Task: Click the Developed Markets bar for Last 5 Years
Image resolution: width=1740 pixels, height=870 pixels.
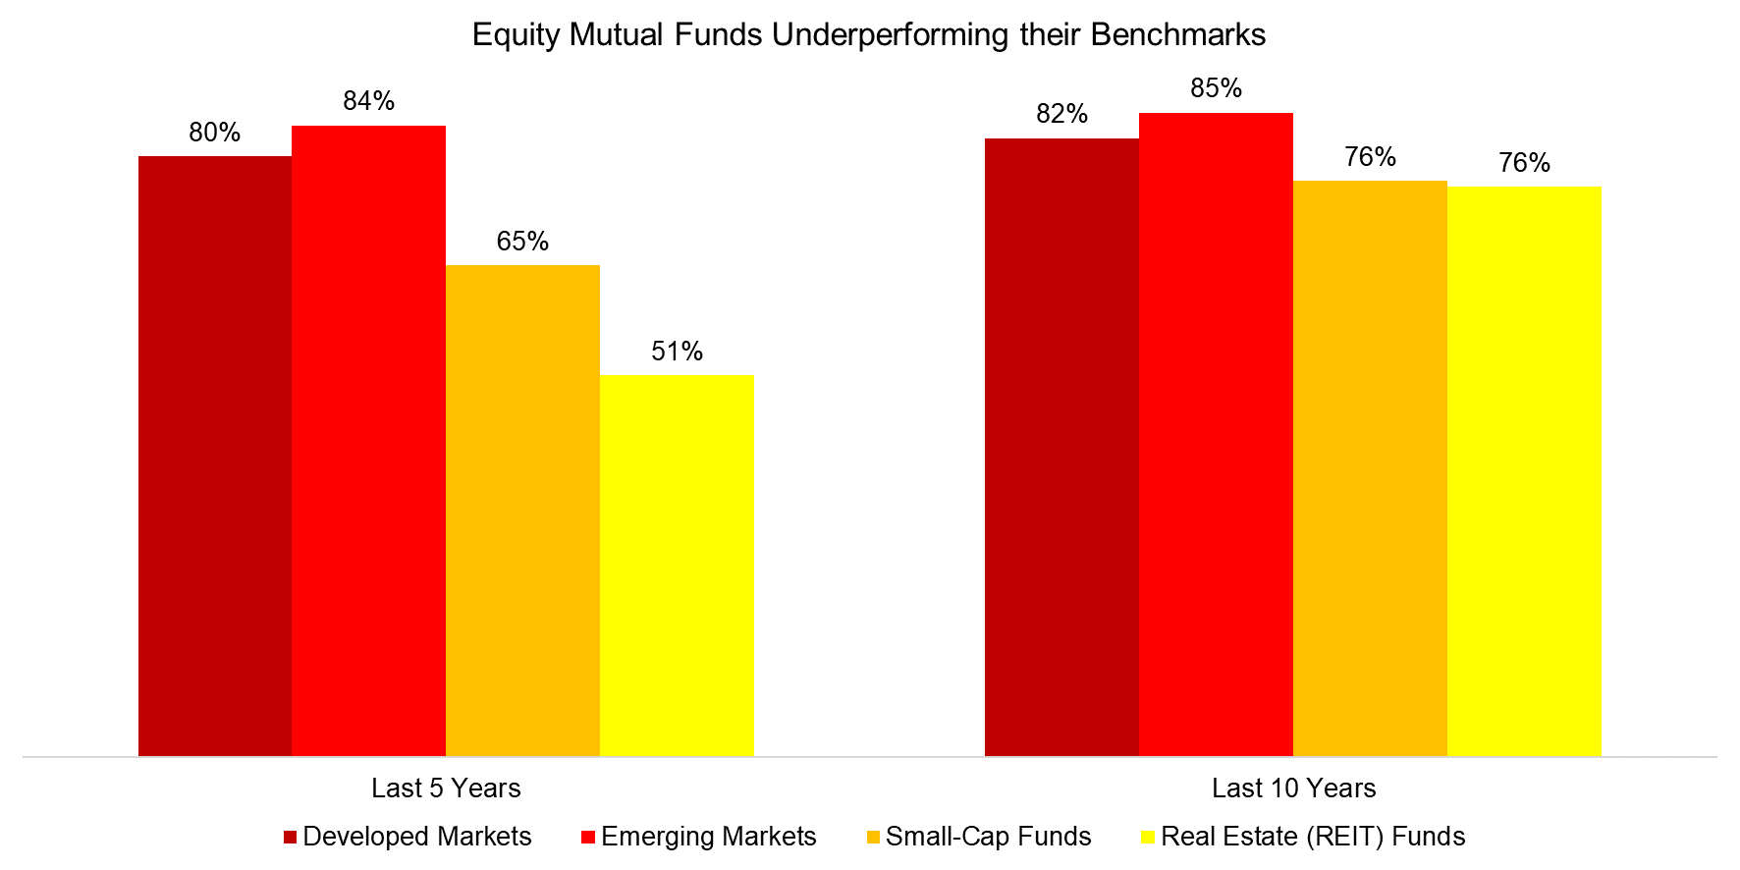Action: click(215, 456)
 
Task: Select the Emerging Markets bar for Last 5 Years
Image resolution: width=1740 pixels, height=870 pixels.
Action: click(369, 441)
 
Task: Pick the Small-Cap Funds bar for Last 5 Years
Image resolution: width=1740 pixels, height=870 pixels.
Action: click(523, 511)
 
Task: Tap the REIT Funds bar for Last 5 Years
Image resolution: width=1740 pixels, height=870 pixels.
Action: click(678, 566)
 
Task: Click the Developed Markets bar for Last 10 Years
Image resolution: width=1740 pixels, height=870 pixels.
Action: click(1062, 447)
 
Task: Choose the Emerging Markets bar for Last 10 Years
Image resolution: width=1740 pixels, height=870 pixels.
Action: click(1217, 434)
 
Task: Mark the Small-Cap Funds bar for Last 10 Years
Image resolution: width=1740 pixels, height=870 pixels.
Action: click(1371, 468)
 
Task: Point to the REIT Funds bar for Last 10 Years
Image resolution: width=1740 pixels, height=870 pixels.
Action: click(1525, 471)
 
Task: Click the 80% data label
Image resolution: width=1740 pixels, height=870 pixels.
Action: click(215, 133)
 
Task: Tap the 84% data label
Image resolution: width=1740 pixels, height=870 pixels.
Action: click(369, 101)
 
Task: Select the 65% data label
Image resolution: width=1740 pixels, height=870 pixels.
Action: click(523, 242)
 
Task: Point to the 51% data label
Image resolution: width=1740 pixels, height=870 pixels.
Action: click(678, 352)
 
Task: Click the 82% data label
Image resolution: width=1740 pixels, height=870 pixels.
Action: click(1062, 114)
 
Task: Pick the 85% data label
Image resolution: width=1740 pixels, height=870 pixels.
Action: click(1217, 88)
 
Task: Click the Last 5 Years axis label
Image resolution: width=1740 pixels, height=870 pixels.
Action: click(446, 788)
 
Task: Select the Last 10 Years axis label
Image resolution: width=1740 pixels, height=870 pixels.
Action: click(1294, 788)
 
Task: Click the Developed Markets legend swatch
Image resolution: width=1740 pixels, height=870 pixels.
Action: click(290, 838)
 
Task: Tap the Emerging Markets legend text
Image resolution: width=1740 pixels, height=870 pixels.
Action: click(709, 837)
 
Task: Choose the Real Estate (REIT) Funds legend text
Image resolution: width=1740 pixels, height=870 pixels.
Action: click(1313, 837)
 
